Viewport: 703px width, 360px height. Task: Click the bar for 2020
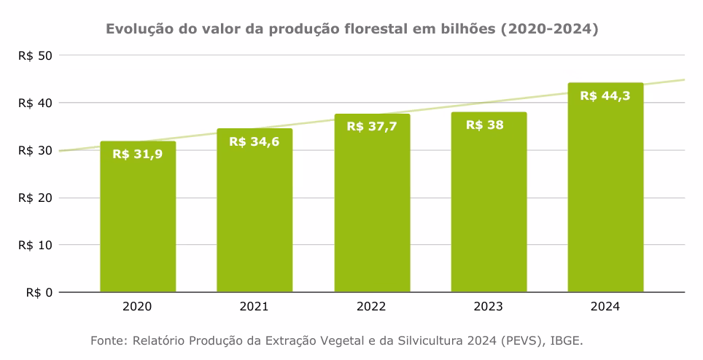click(x=138, y=219)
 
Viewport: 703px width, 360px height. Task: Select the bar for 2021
click(x=255, y=211)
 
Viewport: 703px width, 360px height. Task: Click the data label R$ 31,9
click(x=138, y=154)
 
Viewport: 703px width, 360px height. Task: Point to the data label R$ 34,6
click(x=255, y=141)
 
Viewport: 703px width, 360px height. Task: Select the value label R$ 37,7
click(x=372, y=126)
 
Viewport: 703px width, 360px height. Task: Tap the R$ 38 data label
click(x=484, y=125)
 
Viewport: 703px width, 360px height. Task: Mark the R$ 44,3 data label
click(x=605, y=95)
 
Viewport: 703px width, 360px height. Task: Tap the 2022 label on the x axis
click(x=372, y=308)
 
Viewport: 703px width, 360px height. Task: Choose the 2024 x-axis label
click(x=605, y=308)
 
